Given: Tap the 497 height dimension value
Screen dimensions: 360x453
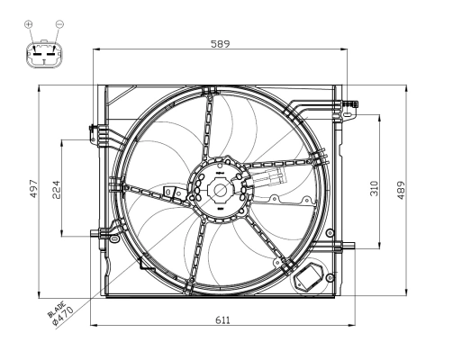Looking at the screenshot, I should point(33,188).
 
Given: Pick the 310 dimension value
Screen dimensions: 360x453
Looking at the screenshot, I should point(375,188).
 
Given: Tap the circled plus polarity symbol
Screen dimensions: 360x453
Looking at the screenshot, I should point(29,23).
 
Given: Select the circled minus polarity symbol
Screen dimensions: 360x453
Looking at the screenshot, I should point(59,23).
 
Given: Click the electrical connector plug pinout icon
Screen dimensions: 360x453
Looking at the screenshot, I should point(43,55).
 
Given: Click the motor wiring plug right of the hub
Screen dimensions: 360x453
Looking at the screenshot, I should point(271,180).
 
